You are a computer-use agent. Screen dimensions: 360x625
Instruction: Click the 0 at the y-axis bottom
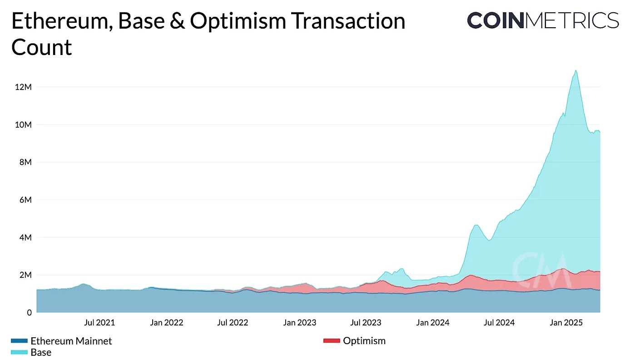(x=28, y=313)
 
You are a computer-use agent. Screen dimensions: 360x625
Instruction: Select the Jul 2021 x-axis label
(x=99, y=323)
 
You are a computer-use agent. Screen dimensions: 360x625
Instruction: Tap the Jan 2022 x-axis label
(x=166, y=323)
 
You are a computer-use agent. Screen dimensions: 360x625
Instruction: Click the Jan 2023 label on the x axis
(x=299, y=323)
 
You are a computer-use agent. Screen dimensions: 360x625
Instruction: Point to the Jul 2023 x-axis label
(x=366, y=323)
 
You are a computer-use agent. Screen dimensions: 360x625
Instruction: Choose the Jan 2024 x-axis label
(x=432, y=323)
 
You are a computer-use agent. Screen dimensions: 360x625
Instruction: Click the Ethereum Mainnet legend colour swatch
(x=19, y=341)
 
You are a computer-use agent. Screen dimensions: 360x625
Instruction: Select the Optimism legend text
(x=364, y=340)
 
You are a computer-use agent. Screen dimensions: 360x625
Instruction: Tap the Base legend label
(x=41, y=352)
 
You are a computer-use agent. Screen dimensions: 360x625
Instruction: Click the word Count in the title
(x=41, y=47)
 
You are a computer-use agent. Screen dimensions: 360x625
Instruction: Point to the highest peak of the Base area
(x=576, y=70)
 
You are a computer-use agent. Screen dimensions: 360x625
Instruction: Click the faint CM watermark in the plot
(x=541, y=268)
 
